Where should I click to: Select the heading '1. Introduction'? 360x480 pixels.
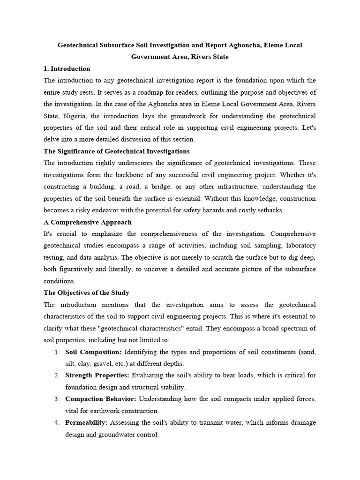pos(67,69)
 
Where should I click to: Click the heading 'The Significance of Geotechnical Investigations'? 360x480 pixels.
pos(117,151)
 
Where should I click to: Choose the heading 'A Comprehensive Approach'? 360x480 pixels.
pos(88,222)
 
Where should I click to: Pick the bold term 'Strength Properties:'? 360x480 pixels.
pos(97,375)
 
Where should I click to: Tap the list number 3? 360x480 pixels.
pos(56,399)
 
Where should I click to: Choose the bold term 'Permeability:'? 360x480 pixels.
pos(87,423)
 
